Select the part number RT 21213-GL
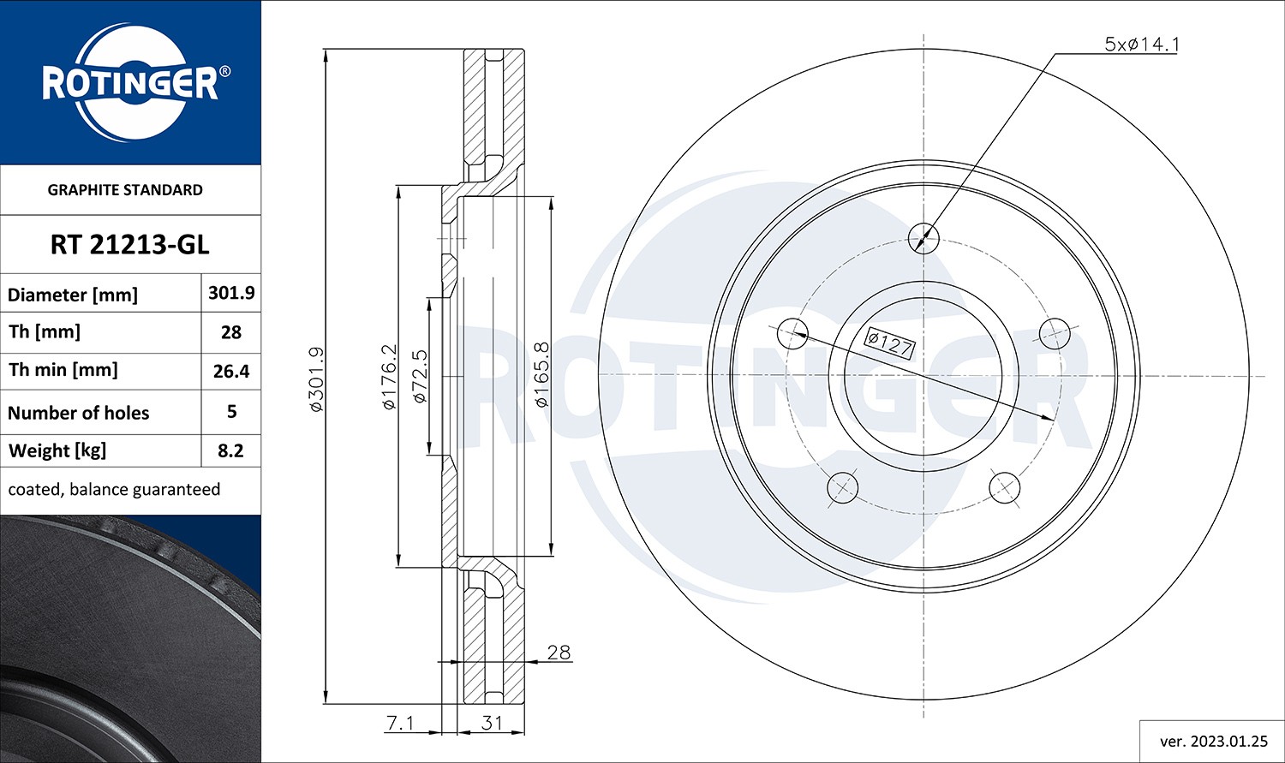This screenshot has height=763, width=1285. click(x=129, y=245)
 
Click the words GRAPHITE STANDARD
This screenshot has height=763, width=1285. click(x=125, y=190)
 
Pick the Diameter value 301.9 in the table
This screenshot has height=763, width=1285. click(x=231, y=293)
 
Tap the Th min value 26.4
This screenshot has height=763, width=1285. click(x=231, y=372)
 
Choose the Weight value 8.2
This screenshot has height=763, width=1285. click(x=231, y=450)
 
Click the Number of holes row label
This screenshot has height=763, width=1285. click(x=79, y=413)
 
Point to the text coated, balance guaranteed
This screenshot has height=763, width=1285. click(x=114, y=490)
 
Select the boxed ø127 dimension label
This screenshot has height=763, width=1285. click(x=889, y=343)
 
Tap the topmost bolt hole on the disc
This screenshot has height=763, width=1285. click(x=923, y=237)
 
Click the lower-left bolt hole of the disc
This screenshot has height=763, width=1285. click(x=842, y=487)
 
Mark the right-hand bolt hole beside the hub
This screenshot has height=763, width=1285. click(x=1055, y=333)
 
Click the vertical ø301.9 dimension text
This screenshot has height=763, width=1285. click(x=315, y=379)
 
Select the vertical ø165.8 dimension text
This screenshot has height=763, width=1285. click(x=541, y=374)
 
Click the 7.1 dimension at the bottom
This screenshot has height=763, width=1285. click(x=400, y=723)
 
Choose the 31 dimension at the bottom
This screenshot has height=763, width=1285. click(x=492, y=723)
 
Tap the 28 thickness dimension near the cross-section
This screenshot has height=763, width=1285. click(x=558, y=653)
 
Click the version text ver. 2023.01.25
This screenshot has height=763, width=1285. click(x=1213, y=741)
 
